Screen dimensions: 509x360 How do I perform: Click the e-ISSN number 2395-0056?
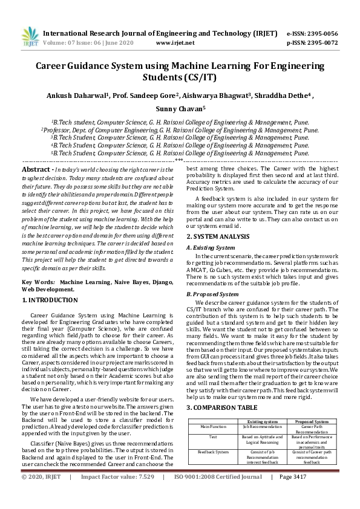coord(321,34)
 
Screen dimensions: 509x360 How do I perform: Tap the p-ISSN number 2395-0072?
coord(321,43)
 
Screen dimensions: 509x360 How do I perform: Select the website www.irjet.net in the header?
coord(175,43)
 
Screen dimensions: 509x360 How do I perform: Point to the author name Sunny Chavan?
coord(180,109)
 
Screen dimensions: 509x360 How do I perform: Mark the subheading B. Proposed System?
coord(212,294)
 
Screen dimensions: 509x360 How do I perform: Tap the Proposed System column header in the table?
coord(312,404)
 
